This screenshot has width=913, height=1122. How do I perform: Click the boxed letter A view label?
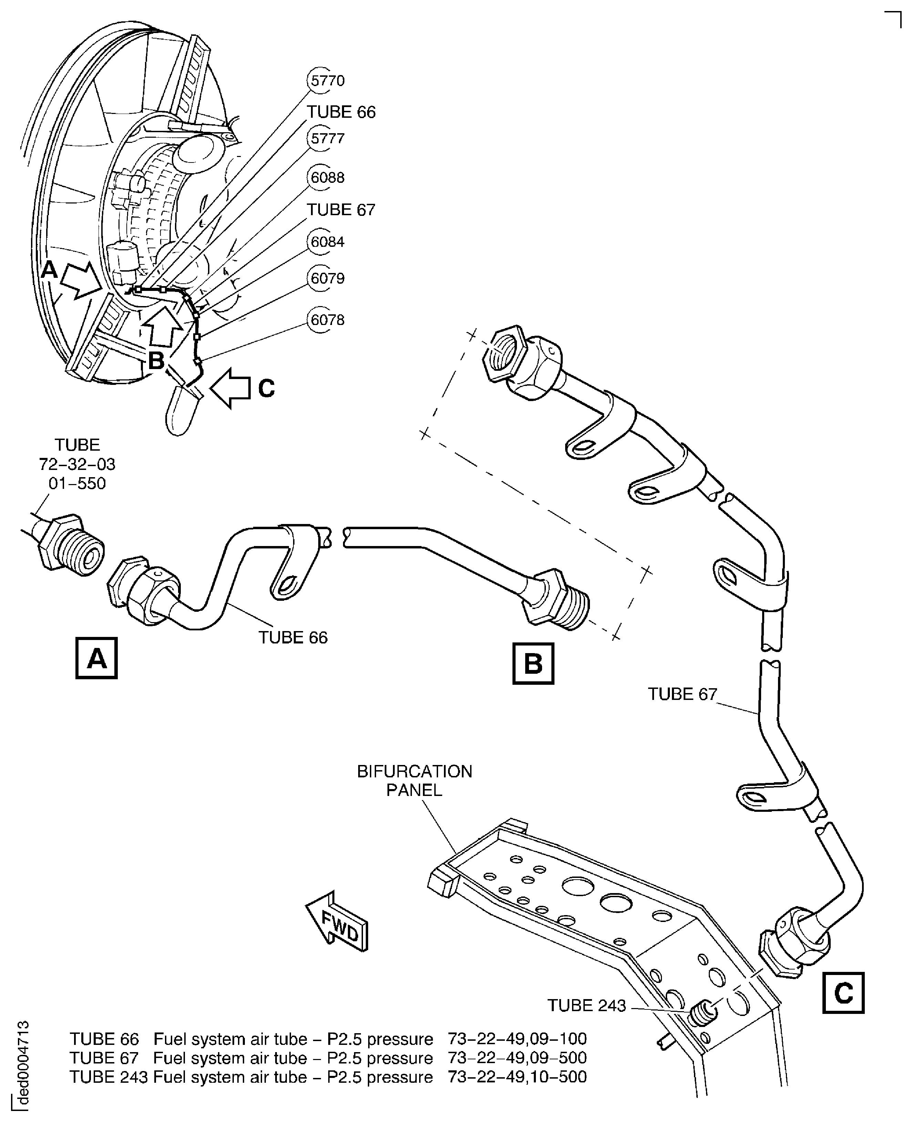(x=96, y=658)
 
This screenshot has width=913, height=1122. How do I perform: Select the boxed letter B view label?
(x=533, y=663)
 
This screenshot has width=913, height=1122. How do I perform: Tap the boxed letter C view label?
(x=843, y=993)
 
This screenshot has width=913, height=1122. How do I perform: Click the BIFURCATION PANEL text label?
(x=414, y=781)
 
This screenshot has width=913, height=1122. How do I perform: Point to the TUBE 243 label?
(x=587, y=1005)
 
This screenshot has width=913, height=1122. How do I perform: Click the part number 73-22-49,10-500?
(x=517, y=1077)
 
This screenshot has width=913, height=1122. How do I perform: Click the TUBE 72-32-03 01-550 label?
(x=77, y=464)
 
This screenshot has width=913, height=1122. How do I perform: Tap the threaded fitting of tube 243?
(x=702, y=1014)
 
